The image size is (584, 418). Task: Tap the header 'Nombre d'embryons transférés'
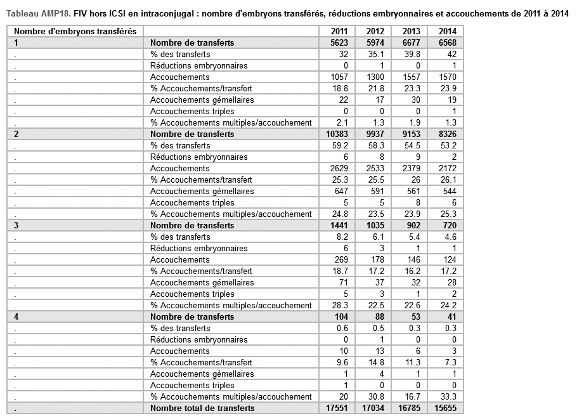point(75,31)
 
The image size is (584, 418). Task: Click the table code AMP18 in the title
point(55,11)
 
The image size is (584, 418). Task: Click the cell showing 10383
point(337,134)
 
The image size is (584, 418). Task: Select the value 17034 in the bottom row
point(373,408)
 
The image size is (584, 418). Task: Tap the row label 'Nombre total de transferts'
point(202,408)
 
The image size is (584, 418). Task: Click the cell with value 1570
point(446,77)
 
